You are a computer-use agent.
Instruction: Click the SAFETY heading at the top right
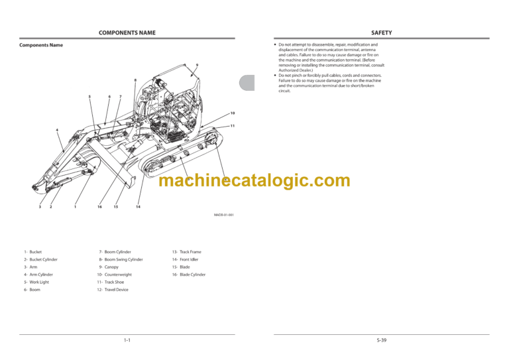(381, 32)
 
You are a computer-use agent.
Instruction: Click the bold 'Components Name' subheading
(41, 45)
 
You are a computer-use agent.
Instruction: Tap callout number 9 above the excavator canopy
(197, 64)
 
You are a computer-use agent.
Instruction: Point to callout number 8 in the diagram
(135, 81)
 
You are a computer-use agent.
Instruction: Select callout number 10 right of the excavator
(233, 113)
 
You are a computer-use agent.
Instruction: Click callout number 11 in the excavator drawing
(233, 125)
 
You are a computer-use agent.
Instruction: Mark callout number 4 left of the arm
(57, 130)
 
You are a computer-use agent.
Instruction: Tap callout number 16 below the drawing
(99, 207)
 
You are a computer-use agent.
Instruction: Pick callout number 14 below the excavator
(138, 207)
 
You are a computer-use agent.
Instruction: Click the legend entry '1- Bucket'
(32, 252)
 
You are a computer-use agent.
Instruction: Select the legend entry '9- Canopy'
(107, 267)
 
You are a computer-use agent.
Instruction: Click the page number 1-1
(127, 340)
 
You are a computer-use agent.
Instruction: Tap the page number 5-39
(381, 340)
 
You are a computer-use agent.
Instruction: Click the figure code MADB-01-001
(223, 215)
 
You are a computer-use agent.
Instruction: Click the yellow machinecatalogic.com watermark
(255, 180)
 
